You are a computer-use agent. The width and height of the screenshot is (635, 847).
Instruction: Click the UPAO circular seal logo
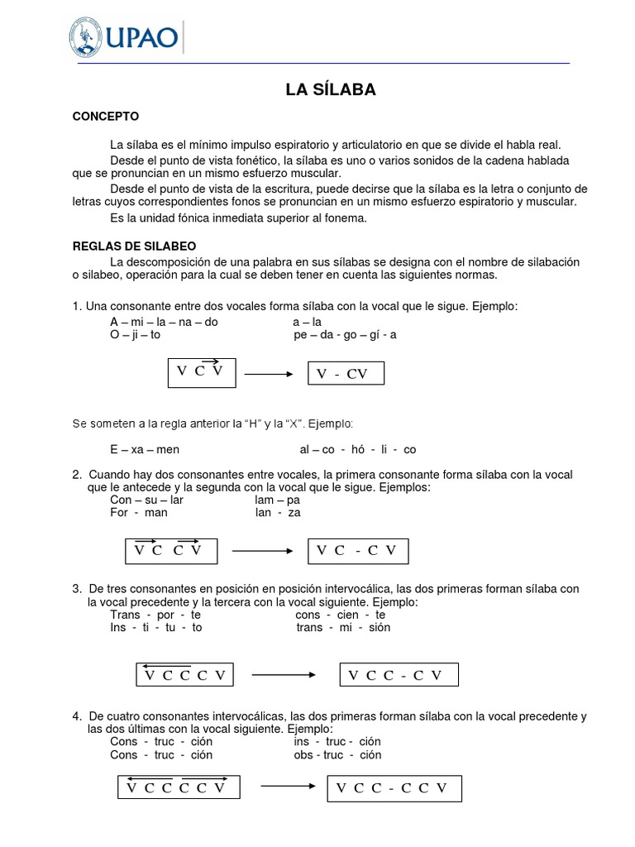point(86,37)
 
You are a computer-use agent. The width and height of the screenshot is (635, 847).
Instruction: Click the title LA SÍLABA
point(331,90)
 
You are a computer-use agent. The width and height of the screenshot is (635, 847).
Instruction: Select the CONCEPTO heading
point(106,117)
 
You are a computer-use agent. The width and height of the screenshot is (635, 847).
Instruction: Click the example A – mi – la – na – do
point(164,322)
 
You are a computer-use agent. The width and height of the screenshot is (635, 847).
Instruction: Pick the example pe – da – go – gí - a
point(345,335)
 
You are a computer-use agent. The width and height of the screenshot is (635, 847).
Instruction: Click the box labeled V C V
point(201,371)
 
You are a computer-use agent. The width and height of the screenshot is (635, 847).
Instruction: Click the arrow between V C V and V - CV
point(269,374)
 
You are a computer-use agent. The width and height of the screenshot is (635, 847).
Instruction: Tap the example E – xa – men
point(145,450)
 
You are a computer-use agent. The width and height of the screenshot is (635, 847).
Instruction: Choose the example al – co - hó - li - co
point(358,450)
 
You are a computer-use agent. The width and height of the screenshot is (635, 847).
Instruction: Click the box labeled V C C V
point(171,550)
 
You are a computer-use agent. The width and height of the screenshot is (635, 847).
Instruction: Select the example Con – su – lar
point(146,500)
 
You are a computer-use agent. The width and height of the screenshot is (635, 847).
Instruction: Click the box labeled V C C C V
point(185,675)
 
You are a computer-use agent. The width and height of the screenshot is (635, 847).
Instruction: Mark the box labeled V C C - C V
point(399,675)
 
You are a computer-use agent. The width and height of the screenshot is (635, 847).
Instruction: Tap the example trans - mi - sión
point(343,628)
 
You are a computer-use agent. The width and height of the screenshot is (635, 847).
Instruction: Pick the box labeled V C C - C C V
point(394,788)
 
